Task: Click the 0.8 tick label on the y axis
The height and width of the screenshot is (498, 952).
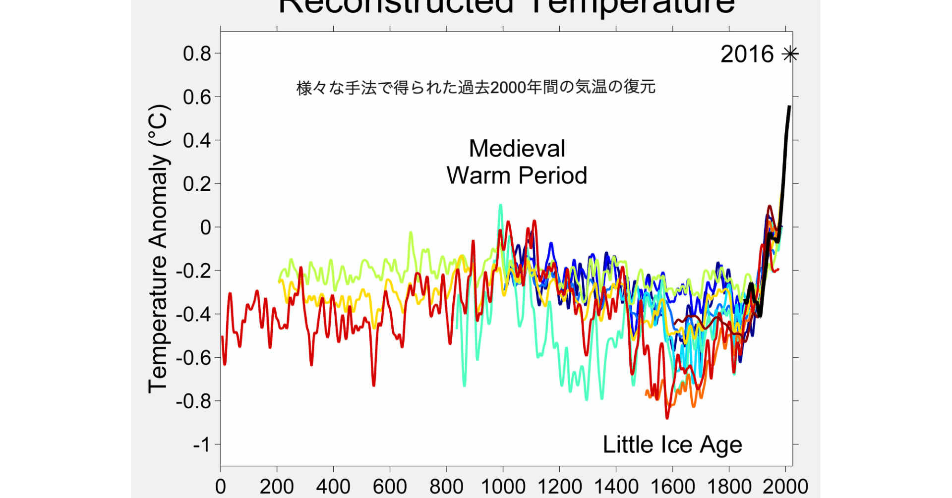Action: coord(197,54)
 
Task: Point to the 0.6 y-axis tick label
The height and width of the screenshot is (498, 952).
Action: coord(197,97)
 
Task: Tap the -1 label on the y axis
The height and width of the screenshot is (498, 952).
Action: coord(202,445)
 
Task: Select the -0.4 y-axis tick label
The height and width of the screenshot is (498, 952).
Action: coord(193,314)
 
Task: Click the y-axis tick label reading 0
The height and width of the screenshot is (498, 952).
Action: coord(205,227)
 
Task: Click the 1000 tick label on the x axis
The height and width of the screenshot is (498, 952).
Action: coord(503,487)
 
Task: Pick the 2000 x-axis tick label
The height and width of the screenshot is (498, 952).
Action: coord(785,487)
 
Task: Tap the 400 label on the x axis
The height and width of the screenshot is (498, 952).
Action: coord(333,487)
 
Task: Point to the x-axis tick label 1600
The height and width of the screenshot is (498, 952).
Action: coord(672,487)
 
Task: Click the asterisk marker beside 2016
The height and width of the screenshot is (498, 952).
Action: coord(790,54)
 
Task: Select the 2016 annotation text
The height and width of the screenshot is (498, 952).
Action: coord(747,54)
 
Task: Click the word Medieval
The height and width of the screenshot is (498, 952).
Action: coord(517,148)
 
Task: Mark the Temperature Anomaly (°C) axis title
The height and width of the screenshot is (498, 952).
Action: coord(159,249)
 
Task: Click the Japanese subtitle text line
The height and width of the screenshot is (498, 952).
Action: coord(476,87)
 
